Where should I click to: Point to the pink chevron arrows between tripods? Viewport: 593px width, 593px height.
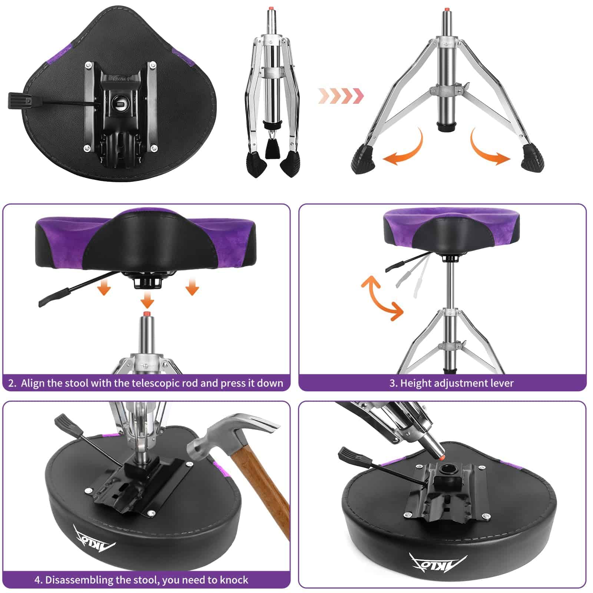(341, 96)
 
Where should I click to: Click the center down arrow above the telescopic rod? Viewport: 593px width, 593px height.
(148, 299)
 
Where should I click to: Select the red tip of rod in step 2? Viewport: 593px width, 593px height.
(147, 314)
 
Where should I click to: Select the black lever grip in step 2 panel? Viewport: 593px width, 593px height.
(54, 297)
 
